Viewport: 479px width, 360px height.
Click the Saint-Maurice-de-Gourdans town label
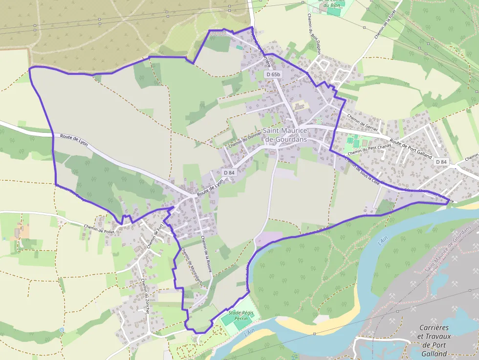coord(285,135)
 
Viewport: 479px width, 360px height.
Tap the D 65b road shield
coord(273,74)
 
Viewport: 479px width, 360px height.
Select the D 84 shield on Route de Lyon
coord(229,172)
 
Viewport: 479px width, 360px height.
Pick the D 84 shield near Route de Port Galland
coord(441,162)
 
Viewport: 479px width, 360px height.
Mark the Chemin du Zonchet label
coord(145,295)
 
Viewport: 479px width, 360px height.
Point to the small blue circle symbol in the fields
coord(62,330)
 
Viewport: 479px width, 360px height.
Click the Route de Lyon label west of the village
coord(73,139)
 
